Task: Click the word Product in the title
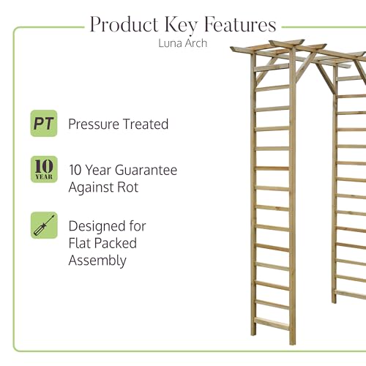(x=124, y=24)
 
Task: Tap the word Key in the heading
(x=181, y=26)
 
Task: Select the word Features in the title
(x=240, y=24)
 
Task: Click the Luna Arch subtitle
(x=183, y=43)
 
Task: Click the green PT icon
(x=44, y=123)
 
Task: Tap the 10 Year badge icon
(x=44, y=169)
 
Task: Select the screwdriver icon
(x=44, y=225)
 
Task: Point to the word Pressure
(x=94, y=124)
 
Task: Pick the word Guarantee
(x=146, y=170)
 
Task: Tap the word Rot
(x=128, y=187)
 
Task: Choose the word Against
(x=91, y=188)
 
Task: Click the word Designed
(x=97, y=227)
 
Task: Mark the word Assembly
(x=97, y=261)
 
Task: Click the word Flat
(x=80, y=243)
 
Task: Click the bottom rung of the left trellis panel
(x=272, y=324)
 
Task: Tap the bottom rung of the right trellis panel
(x=351, y=295)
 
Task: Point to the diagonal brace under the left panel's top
(x=267, y=71)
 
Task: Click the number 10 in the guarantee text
(x=75, y=170)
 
